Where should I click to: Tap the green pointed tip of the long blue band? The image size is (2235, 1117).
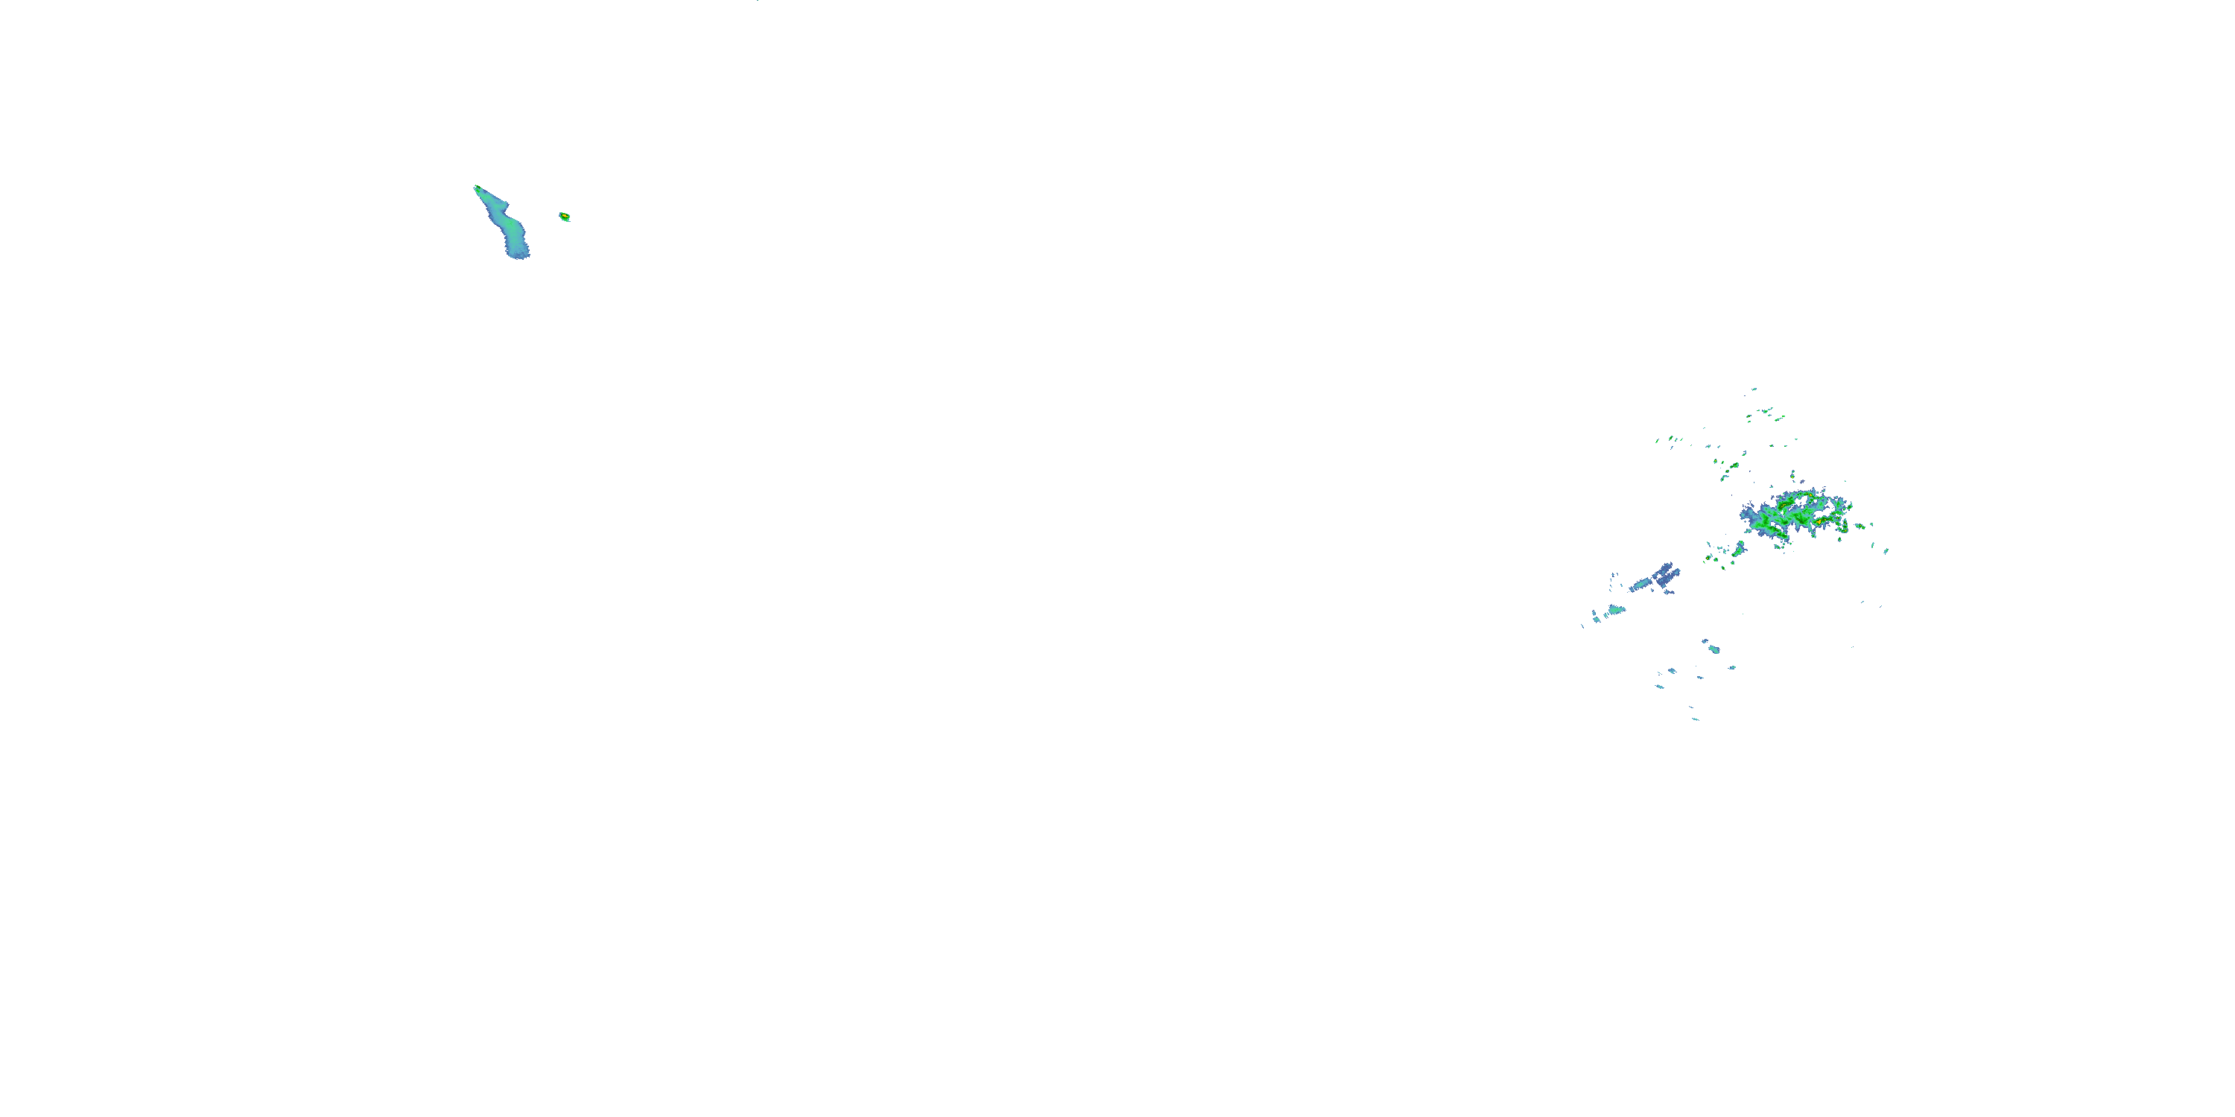pyautogui.click(x=476, y=188)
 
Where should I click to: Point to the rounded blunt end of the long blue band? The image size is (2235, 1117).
pyautogui.click(x=519, y=254)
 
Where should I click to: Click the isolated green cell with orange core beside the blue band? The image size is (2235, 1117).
pyautogui.click(x=564, y=216)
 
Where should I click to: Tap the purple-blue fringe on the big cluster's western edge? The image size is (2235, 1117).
pyautogui.click(x=1749, y=515)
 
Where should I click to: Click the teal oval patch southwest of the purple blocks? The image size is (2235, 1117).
pyautogui.click(x=1614, y=610)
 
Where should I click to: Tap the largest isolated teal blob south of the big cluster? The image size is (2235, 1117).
pyautogui.click(x=1712, y=647)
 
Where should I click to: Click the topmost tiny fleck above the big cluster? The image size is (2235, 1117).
pyautogui.click(x=1754, y=389)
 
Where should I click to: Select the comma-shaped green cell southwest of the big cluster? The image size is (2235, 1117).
pyautogui.click(x=1739, y=548)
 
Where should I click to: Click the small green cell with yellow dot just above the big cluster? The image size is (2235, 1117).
pyautogui.click(x=1793, y=477)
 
